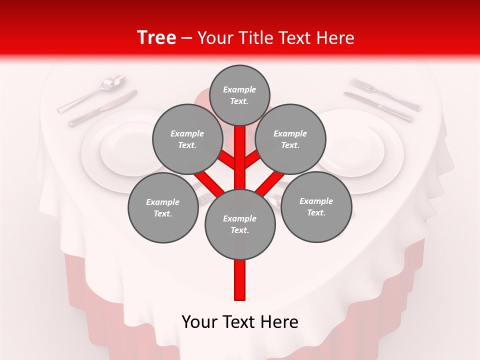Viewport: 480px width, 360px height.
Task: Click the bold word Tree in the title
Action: (156, 38)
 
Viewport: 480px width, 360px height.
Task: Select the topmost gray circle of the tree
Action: (239, 95)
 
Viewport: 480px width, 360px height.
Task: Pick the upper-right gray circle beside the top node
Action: (290, 139)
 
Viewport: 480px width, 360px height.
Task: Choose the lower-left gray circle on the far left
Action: (162, 207)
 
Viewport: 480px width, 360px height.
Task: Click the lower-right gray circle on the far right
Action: (316, 206)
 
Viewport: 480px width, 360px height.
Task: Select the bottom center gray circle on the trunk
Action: (240, 224)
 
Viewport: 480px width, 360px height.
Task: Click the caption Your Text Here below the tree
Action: (240, 322)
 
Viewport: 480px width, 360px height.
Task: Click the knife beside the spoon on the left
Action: (102, 108)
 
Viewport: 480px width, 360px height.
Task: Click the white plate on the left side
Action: (117, 150)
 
